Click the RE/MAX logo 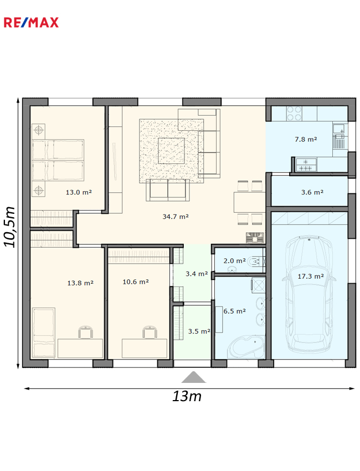pos(31,23)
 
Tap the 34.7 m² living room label pos(176,216)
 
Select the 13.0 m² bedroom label pos(79,192)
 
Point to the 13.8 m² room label pos(80,283)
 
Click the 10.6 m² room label pos(136,281)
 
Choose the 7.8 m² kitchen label pos(306,140)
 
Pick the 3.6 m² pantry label pos(312,192)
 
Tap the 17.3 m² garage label pos(311,277)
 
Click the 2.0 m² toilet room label pos(234,261)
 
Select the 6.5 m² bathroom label pos(234,311)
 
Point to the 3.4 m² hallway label pos(197,274)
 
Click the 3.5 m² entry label pos(199,331)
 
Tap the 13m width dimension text pos(187,396)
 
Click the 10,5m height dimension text pos(9,227)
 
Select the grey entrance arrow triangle pos(194,377)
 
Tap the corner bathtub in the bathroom pos(246,347)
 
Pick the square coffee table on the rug pos(171,151)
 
